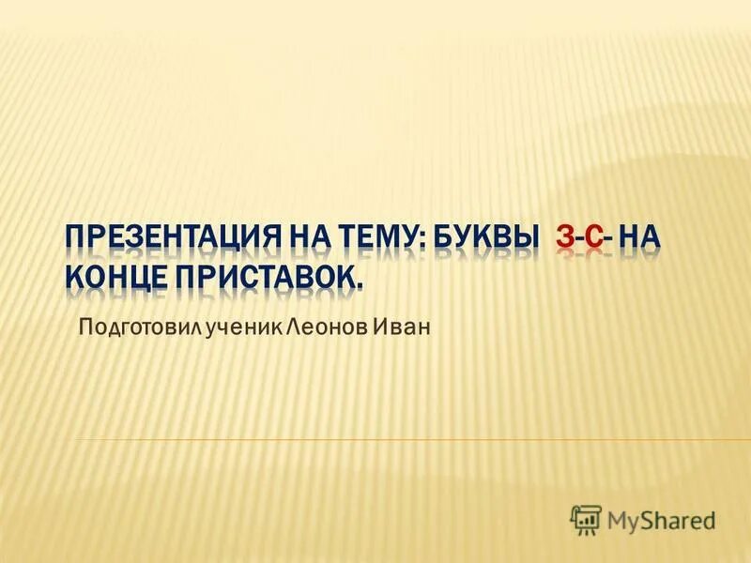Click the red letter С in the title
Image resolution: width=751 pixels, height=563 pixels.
(x=591, y=238)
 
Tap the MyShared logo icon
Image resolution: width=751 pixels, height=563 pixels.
(x=586, y=518)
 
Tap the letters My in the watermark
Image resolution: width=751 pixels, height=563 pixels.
(x=623, y=520)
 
